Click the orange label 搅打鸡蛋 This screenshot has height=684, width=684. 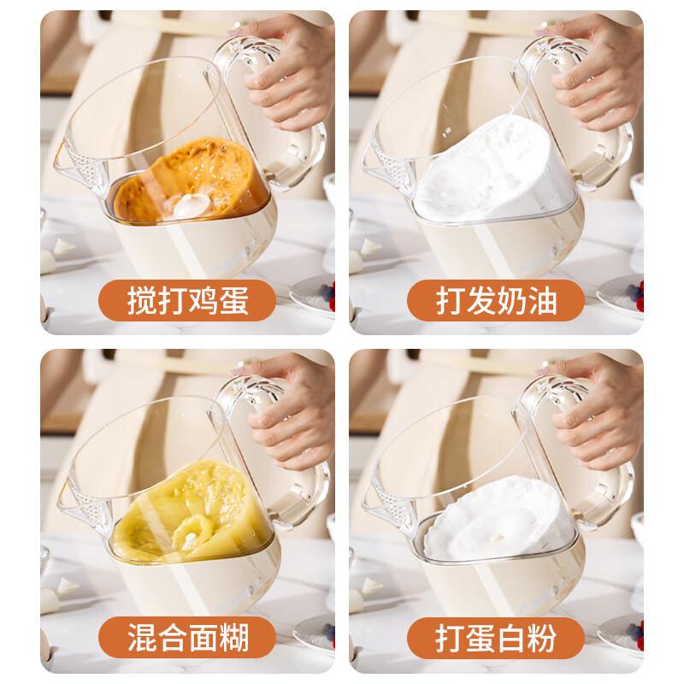[188, 301]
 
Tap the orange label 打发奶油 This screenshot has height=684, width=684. [496, 301]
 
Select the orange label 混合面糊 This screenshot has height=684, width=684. [188, 638]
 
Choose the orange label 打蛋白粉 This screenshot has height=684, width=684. [496, 638]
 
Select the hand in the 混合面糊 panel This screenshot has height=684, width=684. [291, 410]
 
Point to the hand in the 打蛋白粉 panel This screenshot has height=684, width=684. [598, 410]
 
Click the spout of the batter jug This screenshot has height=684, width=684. [74, 504]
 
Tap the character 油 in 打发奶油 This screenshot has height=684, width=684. [541, 301]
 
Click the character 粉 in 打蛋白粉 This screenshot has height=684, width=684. [541, 638]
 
